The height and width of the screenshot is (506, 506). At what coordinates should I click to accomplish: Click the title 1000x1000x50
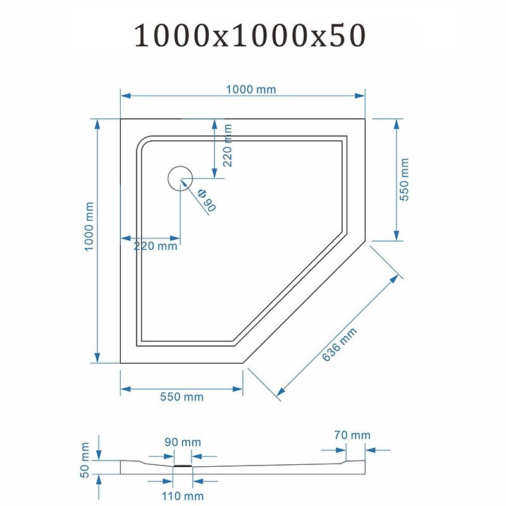pos(250,35)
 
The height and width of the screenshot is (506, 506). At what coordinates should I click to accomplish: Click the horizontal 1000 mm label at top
pos(251,89)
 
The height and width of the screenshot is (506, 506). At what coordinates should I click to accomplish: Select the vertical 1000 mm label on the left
pos(89,226)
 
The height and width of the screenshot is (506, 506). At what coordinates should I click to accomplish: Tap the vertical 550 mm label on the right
pos(404,180)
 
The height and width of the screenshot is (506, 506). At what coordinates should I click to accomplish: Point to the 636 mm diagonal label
pos(340,344)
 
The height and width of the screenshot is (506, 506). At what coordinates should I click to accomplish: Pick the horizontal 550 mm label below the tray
pos(182,397)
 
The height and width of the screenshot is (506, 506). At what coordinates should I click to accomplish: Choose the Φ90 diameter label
pos(207,200)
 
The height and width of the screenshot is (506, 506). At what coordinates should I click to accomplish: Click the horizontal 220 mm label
pos(156,246)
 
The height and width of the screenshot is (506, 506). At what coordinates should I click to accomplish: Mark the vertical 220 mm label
pos(228,145)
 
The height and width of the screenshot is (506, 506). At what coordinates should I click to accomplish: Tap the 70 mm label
pos(352,435)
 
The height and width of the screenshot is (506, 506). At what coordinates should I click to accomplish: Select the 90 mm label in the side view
pos(183,441)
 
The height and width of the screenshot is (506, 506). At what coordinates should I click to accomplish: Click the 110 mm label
pos(183,496)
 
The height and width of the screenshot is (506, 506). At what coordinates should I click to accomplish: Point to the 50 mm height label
pos(85,460)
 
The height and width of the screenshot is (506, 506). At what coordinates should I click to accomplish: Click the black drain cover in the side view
pos(183,466)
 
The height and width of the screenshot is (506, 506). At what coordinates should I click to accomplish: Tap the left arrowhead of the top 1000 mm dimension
pos(125,96)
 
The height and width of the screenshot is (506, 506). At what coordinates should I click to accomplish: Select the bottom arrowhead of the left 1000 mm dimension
pos(97,358)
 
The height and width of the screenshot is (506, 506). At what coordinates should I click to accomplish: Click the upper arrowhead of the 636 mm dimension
pos(394,279)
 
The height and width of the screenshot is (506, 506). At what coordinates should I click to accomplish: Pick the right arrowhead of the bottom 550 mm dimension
pos(238,389)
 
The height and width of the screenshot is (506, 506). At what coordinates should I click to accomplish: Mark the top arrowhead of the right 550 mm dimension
pos(397,124)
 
